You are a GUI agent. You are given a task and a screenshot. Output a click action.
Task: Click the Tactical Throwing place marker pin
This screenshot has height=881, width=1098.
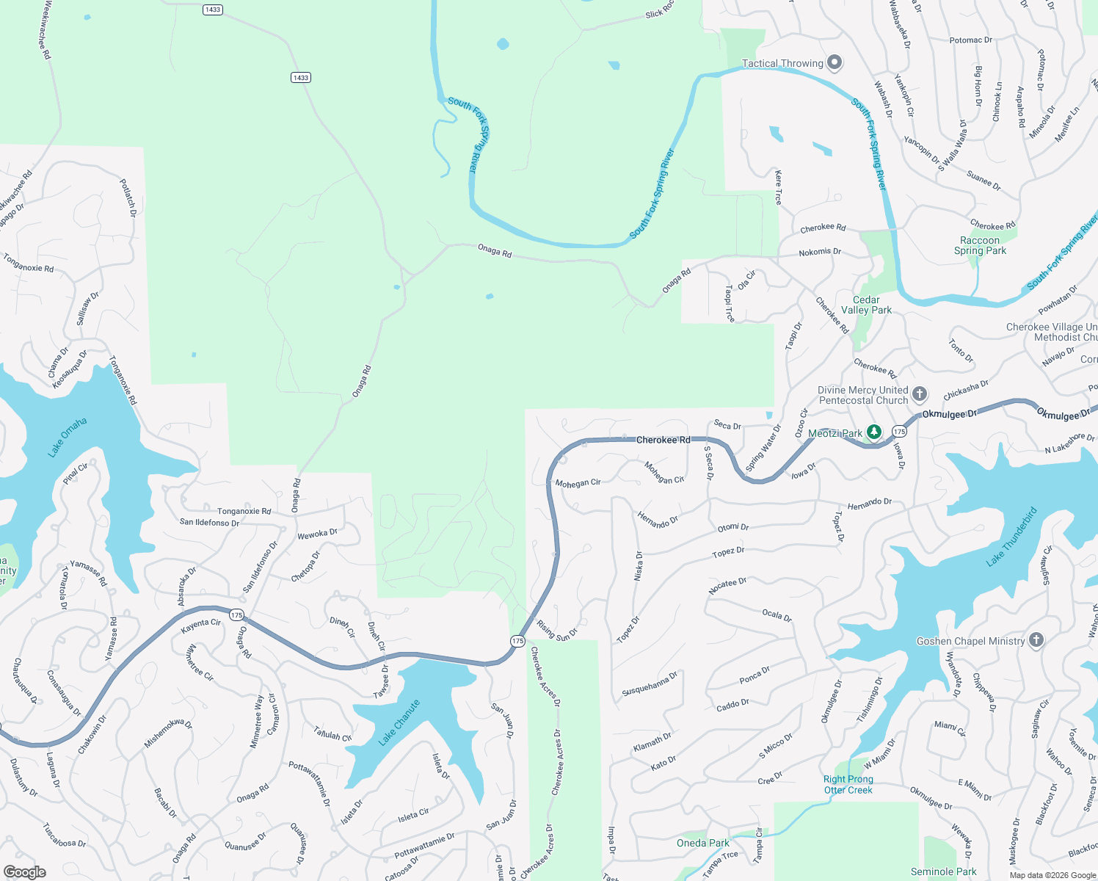835,62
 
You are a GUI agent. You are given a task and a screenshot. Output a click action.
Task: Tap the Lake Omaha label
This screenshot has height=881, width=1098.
68,438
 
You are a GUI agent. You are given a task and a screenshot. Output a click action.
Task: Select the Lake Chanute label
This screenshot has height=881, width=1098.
399,722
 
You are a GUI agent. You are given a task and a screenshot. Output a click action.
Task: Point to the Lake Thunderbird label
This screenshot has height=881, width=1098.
1012,537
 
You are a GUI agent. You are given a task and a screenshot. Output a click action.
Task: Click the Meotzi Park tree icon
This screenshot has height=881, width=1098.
873,432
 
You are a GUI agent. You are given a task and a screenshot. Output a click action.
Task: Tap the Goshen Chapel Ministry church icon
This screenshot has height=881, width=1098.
1036,640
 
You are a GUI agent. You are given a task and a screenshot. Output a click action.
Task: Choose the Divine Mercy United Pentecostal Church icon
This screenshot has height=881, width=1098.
920,394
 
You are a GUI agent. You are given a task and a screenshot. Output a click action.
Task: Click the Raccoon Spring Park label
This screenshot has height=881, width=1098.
980,245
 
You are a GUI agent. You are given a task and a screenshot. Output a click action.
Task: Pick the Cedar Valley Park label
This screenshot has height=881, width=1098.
866,305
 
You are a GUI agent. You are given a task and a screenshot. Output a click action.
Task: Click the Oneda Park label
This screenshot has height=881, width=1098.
703,843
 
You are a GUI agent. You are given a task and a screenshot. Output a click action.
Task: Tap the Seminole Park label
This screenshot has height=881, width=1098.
943,871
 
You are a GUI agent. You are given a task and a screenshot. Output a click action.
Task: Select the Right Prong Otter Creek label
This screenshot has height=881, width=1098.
848,784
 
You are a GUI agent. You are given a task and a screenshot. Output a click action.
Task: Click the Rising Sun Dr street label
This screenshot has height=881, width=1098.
557,631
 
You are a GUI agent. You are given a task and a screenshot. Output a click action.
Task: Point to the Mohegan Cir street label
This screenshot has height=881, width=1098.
578,483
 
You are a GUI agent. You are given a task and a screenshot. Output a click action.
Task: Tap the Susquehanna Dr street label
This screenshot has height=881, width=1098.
650,684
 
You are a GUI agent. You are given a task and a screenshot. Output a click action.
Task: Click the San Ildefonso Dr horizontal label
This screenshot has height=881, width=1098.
209,523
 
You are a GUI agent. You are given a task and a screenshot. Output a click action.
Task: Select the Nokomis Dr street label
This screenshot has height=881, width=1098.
820,252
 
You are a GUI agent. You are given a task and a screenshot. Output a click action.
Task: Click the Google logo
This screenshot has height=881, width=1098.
24,871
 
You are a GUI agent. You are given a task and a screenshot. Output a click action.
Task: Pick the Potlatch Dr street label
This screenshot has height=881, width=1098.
128,197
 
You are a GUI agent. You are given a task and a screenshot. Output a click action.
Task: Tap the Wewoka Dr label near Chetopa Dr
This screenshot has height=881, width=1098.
317,534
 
